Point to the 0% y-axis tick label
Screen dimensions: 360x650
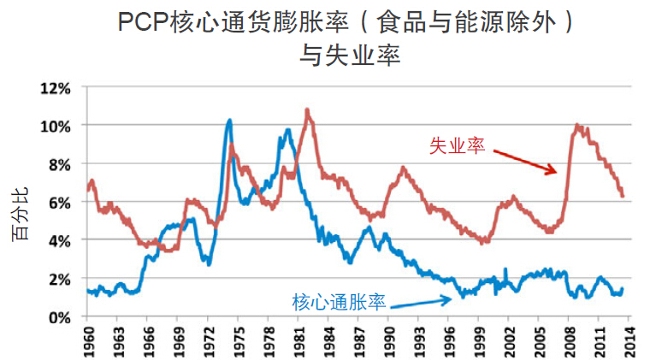pos(63,317)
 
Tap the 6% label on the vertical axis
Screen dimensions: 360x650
pos(63,203)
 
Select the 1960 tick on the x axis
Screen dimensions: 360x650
pos(87,338)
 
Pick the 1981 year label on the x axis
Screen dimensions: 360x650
pos(298,338)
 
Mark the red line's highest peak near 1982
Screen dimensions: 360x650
pos(307,109)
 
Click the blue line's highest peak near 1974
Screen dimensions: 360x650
pos(229,121)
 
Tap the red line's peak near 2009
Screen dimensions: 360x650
pos(578,125)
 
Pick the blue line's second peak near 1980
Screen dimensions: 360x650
pos(288,130)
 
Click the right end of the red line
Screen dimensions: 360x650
pos(623,196)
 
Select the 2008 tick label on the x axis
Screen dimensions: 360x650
pos(570,338)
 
